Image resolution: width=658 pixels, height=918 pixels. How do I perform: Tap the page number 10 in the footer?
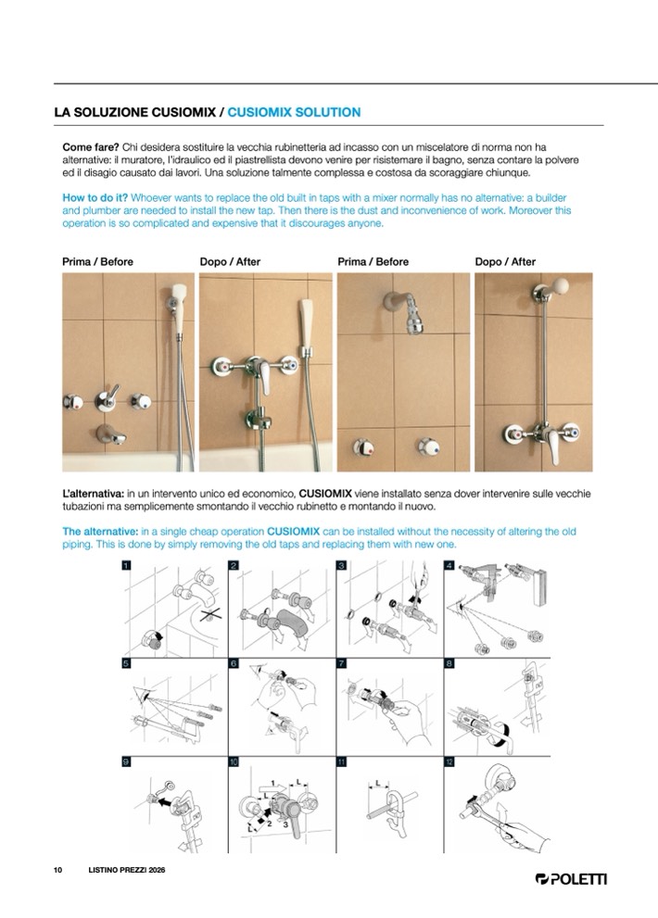pyautogui.click(x=57, y=870)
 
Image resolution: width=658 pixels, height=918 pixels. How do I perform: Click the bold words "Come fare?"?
pyautogui.click(x=90, y=146)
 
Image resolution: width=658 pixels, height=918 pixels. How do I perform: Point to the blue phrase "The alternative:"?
pyautogui.click(x=99, y=532)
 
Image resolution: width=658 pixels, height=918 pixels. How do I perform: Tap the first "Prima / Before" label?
pyautogui.click(x=97, y=262)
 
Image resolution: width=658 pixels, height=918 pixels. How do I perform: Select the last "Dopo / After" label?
pyautogui.click(x=505, y=262)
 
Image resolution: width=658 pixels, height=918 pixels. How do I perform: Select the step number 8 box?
pyautogui.click(x=449, y=663)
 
